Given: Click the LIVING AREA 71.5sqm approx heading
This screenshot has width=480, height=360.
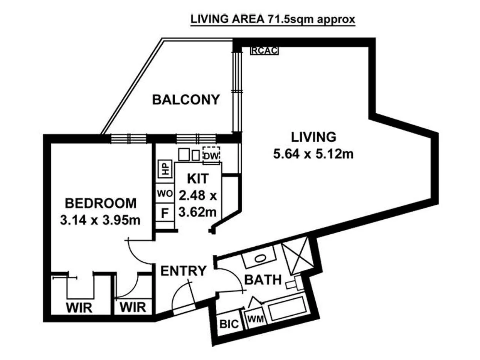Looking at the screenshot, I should [273, 20].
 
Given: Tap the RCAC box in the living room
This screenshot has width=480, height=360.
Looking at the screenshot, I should [264, 50].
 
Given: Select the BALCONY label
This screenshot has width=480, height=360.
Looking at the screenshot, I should [186, 99].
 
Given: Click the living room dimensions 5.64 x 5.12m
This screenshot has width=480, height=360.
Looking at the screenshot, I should [313, 155].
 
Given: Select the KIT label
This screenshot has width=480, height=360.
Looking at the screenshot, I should [198, 178].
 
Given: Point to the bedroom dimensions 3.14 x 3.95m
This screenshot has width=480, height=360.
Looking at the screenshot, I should [100, 221].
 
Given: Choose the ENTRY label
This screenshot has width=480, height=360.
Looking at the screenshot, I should [183, 271].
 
